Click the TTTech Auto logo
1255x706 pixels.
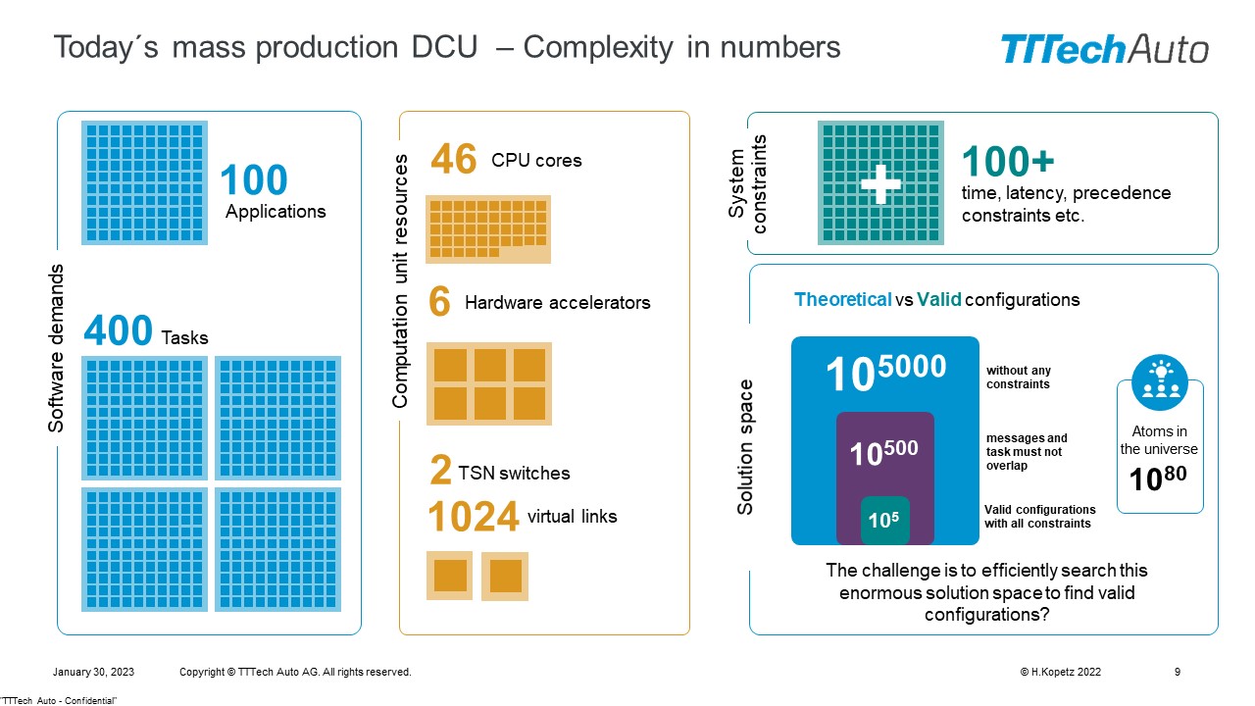point(1104,49)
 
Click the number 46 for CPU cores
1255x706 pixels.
point(454,159)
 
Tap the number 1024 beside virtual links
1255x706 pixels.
point(474,516)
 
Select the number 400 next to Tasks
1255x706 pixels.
point(118,330)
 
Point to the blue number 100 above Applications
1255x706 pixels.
point(254,179)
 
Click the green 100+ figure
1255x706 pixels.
point(1008,162)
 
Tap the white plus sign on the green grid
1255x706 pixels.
point(880,183)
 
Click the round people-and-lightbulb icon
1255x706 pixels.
point(1160,382)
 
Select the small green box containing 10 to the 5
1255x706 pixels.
point(884,520)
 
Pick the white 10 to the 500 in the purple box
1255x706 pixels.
point(883,453)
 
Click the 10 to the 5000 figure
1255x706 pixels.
point(885,372)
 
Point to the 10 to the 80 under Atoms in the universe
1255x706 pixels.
point(1158,478)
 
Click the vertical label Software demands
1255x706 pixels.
point(56,348)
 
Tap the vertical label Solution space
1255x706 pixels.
point(744,447)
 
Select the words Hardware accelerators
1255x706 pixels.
point(558,303)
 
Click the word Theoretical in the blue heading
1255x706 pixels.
point(842,300)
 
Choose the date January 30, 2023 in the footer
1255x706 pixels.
point(93,672)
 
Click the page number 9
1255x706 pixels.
point(1178,672)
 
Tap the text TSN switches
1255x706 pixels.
point(514,474)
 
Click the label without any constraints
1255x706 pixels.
point(1019,378)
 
